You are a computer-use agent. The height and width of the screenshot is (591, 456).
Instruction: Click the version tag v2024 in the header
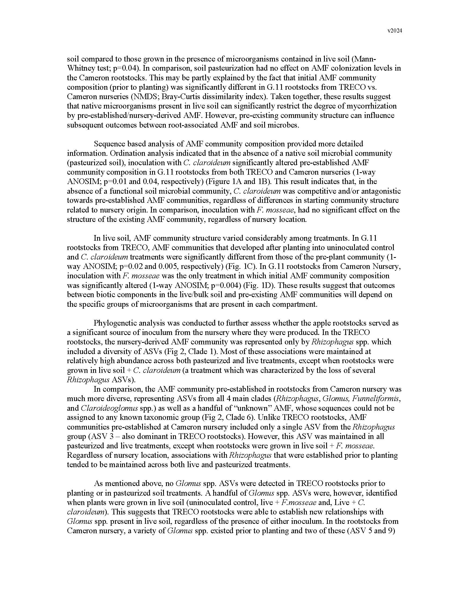point(395,31)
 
